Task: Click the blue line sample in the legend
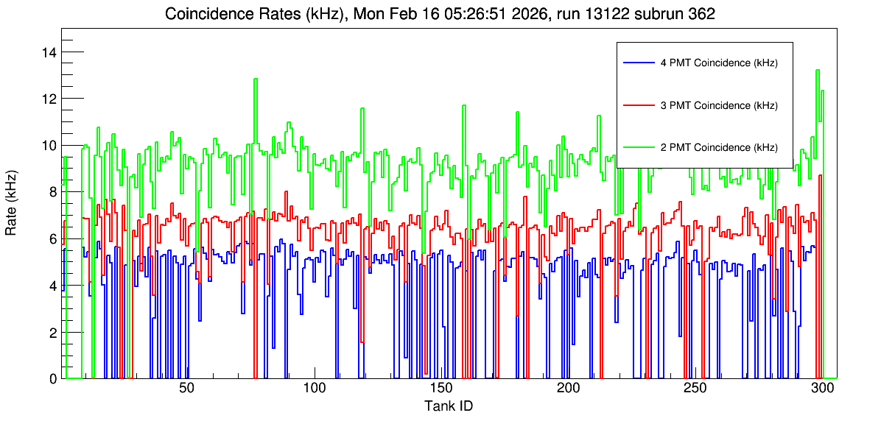(637, 63)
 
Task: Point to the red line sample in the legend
(637, 105)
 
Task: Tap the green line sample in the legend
(637, 147)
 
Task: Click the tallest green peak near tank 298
(818, 70)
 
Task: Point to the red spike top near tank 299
(821, 176)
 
